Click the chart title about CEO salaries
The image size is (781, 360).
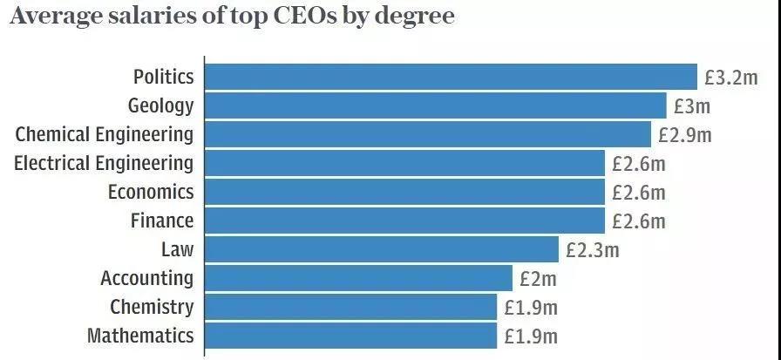[x=232, y=17]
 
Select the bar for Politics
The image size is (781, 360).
[x=451, y=77]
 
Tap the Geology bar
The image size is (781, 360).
[x=435, y=105]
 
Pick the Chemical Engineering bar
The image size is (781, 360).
[x=427, y=134]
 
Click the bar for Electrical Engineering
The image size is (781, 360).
[x=404, y=163]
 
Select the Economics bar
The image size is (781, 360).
[x=404, y=192]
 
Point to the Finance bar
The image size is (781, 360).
[x=404, y=221]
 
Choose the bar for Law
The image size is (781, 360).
[x=381, y=249]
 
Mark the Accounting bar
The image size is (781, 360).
[x=358, y=278]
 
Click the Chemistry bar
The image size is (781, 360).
[x=350, y=307]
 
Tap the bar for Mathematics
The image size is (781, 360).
[x=350, y=336]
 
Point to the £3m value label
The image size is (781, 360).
[x=692, y=106]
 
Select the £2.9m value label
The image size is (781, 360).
[x=685, y=135]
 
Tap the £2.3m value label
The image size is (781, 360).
[x=592, y=250]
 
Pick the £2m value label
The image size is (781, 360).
[x=538, y=279]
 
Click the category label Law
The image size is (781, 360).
[x=177, y=249]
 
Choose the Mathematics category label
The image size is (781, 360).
[x=140, y=336]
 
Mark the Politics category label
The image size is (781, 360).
[x=163, y=77]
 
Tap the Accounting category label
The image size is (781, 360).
[x=146, y=278]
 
